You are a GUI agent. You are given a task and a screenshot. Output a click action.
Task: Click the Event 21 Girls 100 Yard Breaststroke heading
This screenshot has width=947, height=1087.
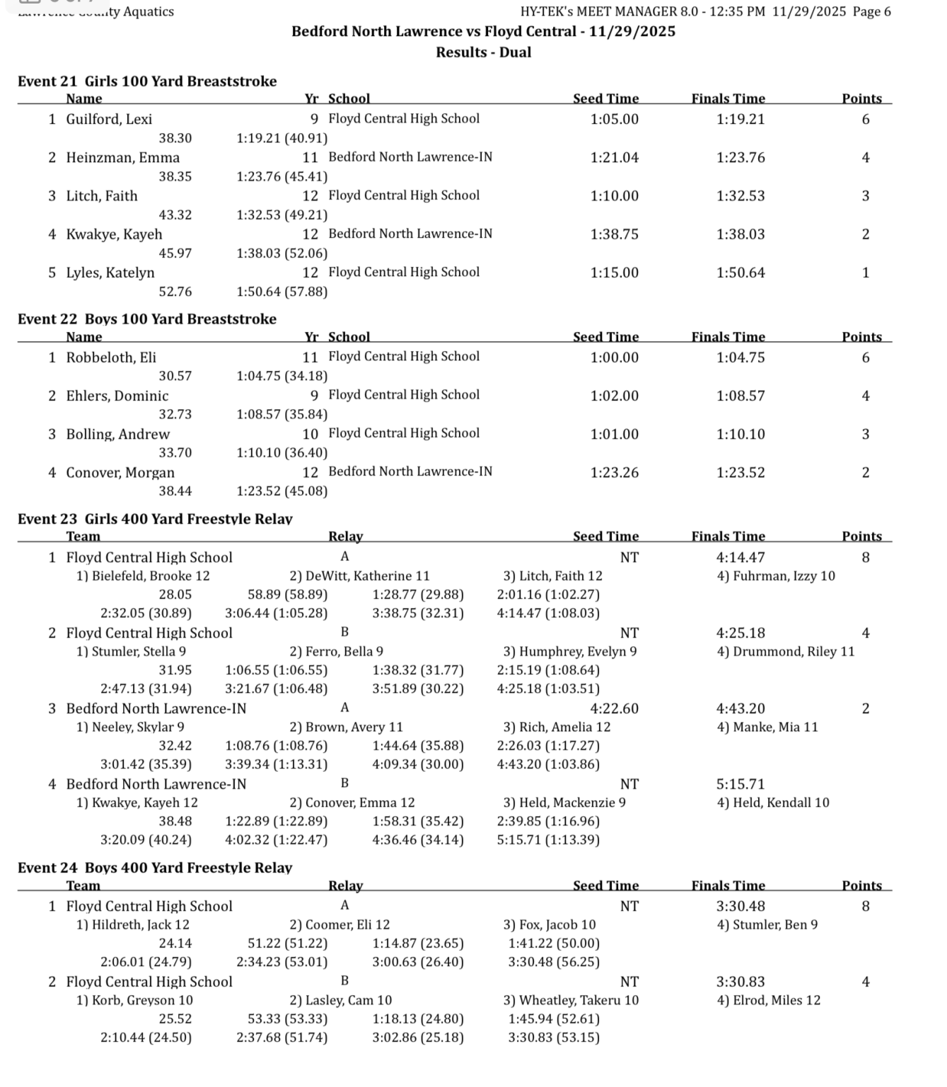click(x=147, y=81)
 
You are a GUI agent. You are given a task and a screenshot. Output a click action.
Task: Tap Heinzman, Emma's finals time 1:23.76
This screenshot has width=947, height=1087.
click(x=740, y=158)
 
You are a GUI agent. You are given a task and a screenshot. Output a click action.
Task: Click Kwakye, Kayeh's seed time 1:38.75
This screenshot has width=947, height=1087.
click(x=614, y=234)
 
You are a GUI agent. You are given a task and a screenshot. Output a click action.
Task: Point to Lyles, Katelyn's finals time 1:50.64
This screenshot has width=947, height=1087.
click(x=740, y=272)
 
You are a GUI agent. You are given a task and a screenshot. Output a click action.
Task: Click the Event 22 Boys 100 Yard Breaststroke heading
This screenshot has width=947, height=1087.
click(x=147, y=319)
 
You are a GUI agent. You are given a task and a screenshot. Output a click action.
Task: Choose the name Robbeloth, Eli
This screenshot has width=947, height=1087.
click(x=111, y=357)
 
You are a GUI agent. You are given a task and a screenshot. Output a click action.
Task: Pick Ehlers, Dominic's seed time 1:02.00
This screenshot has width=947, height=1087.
click(x=614, y=396)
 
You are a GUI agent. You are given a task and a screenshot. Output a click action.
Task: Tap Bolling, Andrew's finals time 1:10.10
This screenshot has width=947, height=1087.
click(x=740, y=434)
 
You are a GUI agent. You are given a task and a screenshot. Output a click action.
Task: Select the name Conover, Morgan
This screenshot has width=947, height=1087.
click(x=120, y=473)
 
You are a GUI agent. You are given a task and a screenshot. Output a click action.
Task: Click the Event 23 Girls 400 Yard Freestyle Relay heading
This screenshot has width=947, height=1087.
click(x=155, y=519)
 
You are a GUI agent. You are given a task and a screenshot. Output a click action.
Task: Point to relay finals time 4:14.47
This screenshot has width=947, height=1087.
click(x=740, y=558)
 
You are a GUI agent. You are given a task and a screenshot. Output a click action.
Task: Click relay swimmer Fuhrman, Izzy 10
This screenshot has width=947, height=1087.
click(x=776, y=576)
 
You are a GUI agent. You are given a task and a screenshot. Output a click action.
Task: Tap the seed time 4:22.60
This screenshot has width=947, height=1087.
click(x=614, y=708)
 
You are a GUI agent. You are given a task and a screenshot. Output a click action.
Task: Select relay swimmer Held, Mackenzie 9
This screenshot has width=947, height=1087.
click(x=564, y=803)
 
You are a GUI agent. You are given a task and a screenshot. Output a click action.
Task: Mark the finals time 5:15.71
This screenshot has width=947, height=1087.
click(x=740, y=784)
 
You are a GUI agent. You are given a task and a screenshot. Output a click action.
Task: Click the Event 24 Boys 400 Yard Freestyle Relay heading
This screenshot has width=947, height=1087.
click(x=155, y=868)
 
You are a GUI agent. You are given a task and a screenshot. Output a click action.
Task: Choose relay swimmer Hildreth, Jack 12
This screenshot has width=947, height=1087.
click(x=133, y=925)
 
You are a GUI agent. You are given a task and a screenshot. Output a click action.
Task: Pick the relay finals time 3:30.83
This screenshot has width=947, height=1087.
click(x=740, y=982)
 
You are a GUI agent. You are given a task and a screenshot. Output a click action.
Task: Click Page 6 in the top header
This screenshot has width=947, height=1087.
click(x=871, y=11)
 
